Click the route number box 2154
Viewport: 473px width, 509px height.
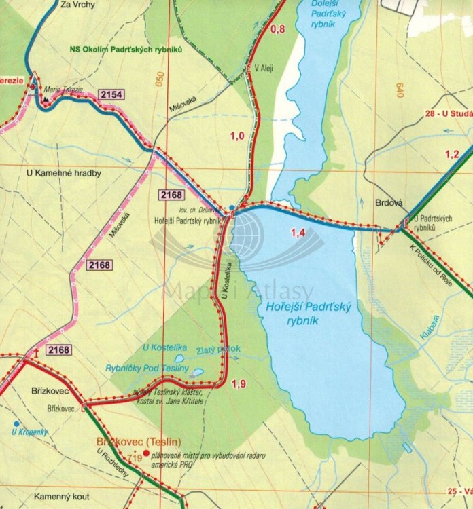(111, 94)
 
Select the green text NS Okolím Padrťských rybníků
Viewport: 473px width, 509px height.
(127, 50)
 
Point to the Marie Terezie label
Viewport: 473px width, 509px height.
(63, 88)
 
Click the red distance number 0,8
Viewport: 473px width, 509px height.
(278, 29)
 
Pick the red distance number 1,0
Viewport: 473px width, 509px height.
(237, 136)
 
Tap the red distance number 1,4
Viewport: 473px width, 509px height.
(298, 233)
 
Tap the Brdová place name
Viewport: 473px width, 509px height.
(389, 202)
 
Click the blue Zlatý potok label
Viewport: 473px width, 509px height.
(217, 351)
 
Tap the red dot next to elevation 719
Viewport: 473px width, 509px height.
(145, 453)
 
